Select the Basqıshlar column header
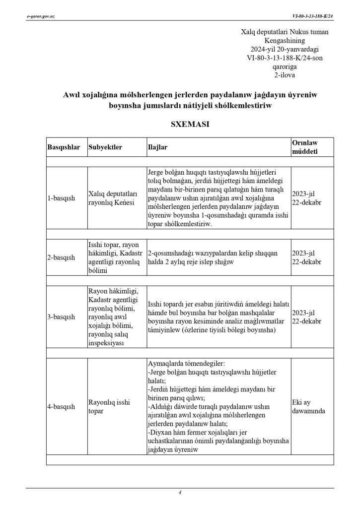64,148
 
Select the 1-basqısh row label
62,198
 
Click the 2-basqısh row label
62,257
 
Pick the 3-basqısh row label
62,317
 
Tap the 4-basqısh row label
62,407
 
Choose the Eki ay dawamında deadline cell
308,407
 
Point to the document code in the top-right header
313,16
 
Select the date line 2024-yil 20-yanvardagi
285,49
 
